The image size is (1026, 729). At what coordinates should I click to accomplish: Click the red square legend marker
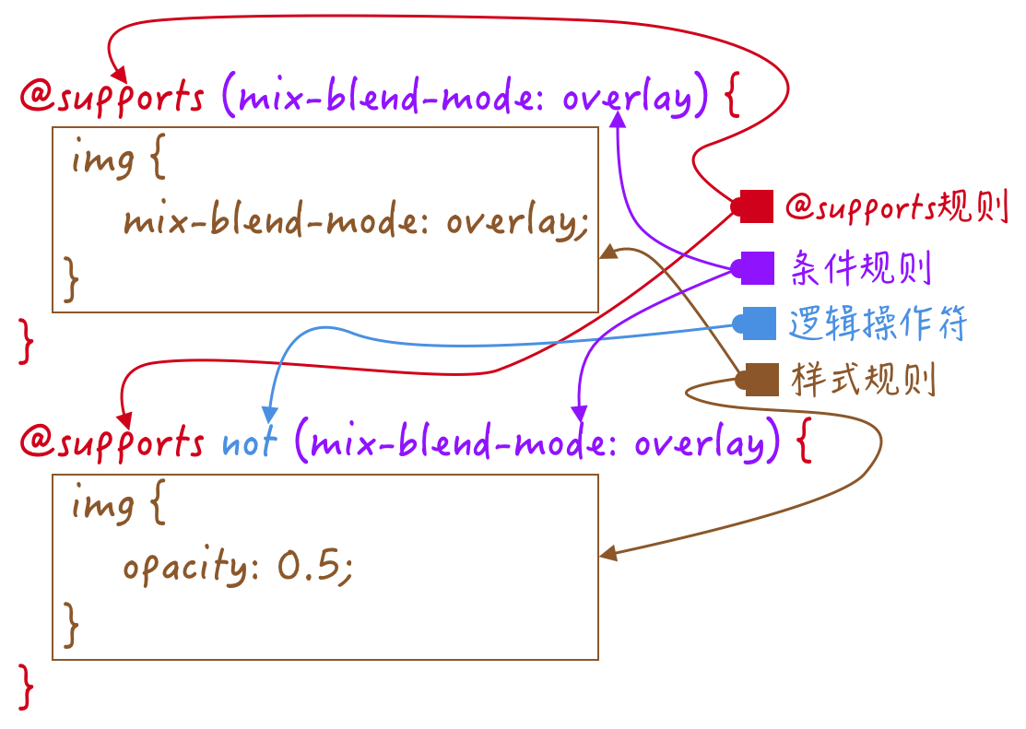(x=756, y=207)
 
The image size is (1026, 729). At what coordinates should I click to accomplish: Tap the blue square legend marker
(x=756, y=323)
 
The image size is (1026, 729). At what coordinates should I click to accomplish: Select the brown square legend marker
(x=760, y=379)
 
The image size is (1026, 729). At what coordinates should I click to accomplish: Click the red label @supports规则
(x=894, y=207)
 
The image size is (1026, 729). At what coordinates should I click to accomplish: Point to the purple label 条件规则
(x=861, y=268)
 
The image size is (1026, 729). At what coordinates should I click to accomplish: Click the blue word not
(x=249, y=443)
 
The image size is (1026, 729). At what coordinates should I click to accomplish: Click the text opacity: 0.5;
(x=237, y=567)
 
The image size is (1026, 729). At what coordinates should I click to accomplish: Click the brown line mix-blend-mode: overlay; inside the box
(x=355, y=222)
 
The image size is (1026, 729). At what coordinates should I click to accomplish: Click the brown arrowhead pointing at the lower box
(x=608, y=554)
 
